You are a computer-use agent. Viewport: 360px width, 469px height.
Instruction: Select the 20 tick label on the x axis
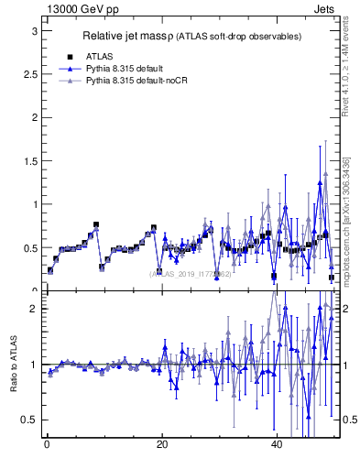pos(161,445)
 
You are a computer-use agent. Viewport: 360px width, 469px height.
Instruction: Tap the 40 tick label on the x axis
pos(277,445)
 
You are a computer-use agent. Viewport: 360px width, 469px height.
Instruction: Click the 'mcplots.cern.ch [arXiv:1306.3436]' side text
pos(345,216)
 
